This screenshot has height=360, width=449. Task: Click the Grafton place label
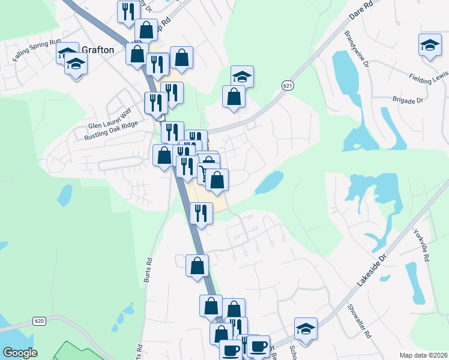click(x=95, y=50)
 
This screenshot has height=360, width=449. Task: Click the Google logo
click(x=20, y=353)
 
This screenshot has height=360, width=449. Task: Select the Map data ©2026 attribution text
click(x=423, y=355)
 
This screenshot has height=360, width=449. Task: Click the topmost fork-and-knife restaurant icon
click(x=128, y=11)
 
